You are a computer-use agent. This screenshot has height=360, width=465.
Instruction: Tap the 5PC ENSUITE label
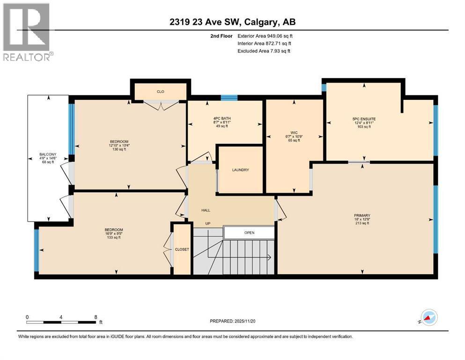(364, 119)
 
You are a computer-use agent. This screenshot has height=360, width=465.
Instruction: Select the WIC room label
(294, 133)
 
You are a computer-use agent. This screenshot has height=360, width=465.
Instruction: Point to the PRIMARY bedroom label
(362, 216)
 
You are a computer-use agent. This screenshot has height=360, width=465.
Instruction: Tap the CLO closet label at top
(160, 92)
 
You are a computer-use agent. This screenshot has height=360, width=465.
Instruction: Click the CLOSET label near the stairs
(182, 249)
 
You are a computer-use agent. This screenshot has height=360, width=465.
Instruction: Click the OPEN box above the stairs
(249, 232)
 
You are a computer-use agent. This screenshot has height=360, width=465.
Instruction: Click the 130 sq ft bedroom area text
(119, 149)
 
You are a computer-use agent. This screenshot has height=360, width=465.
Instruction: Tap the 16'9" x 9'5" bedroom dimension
(113, 233)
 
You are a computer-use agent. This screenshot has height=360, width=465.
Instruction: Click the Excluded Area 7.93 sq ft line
(264, 51)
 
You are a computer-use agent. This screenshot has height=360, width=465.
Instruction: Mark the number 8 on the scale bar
(96, 316)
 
